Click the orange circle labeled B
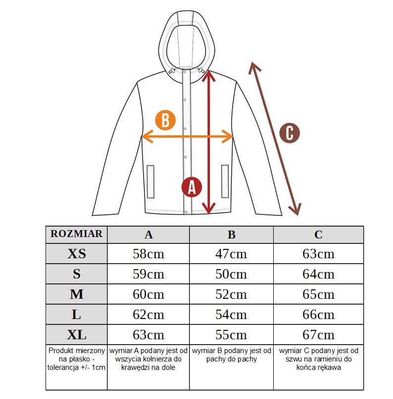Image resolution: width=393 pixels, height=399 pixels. [165, 120]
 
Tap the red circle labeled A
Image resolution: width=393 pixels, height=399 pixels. [192, 187]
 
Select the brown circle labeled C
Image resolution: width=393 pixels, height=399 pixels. [290, 133]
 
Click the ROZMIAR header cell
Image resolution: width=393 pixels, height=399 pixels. [77, 234]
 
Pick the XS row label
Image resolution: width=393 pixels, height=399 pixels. [77, 254]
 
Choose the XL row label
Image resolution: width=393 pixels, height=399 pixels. [77, 335]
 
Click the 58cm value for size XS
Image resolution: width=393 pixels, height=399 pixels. [148, 254]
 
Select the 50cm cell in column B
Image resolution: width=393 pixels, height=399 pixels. [231, 274]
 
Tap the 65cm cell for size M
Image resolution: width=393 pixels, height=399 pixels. [319, 294]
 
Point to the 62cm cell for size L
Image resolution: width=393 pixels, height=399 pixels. [148, 315]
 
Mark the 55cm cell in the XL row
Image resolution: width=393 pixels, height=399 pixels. [231, 335]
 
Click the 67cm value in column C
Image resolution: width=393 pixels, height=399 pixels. [319, 335]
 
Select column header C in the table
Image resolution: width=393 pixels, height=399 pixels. [319, 235]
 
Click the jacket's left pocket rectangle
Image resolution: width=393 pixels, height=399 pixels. [150, 181]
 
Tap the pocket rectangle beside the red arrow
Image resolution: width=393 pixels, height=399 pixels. [225, 181]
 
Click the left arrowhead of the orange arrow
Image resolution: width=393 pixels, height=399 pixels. [147, 137]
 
